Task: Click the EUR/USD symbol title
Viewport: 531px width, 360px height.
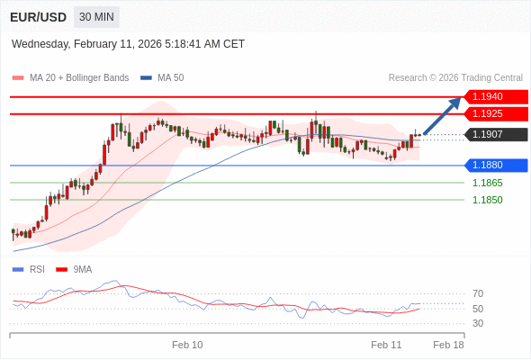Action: point(38,17)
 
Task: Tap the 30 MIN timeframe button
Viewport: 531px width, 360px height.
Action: point(96,17)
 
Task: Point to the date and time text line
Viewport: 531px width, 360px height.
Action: point(128,43)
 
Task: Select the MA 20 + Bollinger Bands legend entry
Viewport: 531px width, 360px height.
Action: point(78,78)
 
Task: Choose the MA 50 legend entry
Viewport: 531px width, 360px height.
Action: point(170,78)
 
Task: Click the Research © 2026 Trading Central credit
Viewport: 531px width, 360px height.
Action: point(455,78)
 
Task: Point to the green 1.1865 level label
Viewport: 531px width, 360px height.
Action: point(487,183)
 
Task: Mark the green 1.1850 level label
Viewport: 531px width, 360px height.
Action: point(487,200)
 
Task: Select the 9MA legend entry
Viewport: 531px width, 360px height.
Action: point(82,269)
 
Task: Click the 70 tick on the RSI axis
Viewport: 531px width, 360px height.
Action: point(478,293)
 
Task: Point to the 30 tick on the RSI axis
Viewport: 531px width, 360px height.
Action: point(478,323)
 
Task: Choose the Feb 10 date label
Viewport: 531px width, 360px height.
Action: point(187,345)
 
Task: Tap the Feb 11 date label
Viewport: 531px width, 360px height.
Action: point(386,345)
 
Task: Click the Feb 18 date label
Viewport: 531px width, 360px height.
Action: point(448,345)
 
